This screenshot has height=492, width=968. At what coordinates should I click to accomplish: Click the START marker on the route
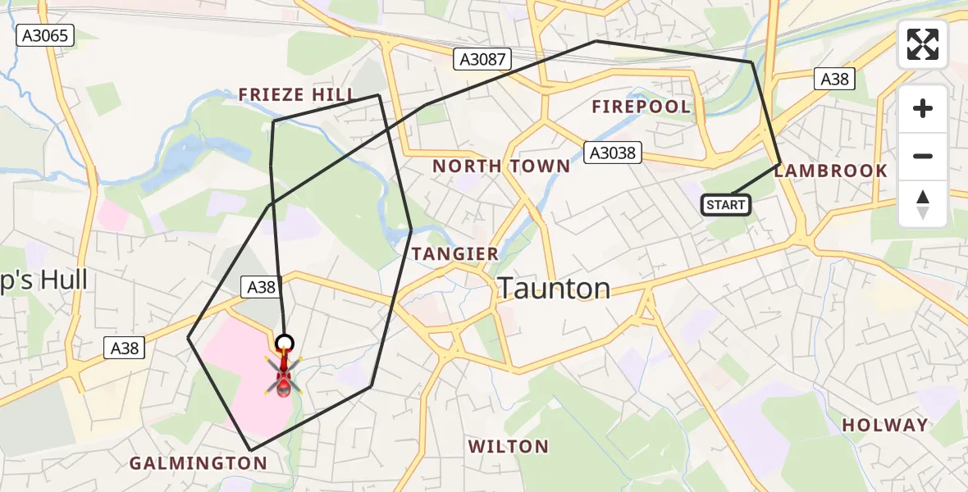coord(726,204)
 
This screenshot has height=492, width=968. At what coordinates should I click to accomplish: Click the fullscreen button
coord(923,44)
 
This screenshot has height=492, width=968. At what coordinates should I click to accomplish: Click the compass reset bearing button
coord(923,203)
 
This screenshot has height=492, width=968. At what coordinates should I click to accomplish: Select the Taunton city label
coord(554,289)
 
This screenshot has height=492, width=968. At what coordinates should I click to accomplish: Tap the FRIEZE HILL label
coord(296,95)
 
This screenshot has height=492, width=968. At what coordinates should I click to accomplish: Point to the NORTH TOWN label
coord(501,166)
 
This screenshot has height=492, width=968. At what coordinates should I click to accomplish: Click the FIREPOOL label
coord(642,107)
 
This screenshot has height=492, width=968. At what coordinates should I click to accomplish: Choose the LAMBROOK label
coord(830,171)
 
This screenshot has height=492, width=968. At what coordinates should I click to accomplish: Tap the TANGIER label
coord(455,254)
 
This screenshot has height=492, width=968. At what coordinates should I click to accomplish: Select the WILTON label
coord(508,447)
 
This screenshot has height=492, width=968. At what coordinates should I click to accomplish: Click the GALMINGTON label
coord(199,463)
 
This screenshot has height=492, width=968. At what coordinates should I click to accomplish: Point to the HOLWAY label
coord(885,426)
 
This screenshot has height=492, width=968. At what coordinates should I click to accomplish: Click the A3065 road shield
coord(46,35)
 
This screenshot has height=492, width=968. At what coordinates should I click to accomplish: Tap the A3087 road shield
coord(483,59)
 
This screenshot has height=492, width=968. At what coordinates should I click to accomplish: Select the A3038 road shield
coord(612,152)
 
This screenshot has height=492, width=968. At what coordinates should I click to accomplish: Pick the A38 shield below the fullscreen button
coord(834,79)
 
